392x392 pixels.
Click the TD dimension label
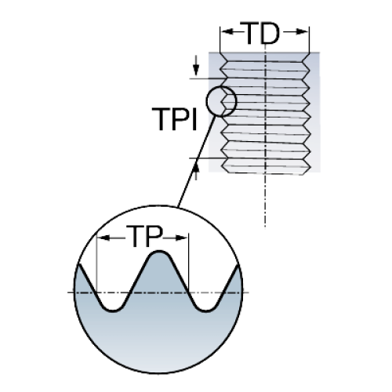[260, 33]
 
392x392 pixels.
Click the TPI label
[175, 119]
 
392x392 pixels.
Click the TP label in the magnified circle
[144, 236]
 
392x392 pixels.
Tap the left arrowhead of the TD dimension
[227, 31]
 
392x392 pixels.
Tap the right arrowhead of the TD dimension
[303, 32]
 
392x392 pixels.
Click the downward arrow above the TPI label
[196, 65]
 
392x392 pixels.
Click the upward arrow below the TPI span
[196, 170]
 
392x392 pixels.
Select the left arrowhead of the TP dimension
[103, 238]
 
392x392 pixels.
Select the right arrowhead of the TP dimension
[181, 238]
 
